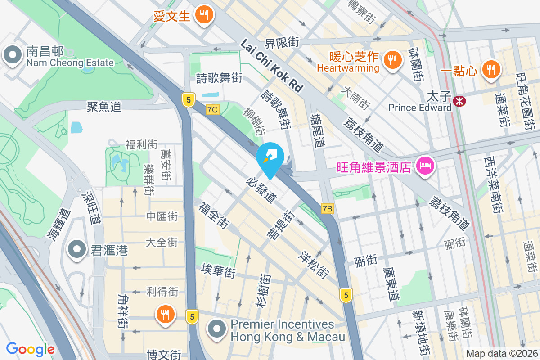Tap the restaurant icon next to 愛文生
pos(204,15)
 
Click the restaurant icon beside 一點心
pos(489,69)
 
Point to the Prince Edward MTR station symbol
pos(459,102)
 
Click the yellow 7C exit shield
pos(212,110)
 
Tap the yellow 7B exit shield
pos(328,209)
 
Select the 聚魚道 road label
pos(104,107)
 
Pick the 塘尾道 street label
pos(318,130)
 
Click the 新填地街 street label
pos(422,333)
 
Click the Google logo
pos(31,349)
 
